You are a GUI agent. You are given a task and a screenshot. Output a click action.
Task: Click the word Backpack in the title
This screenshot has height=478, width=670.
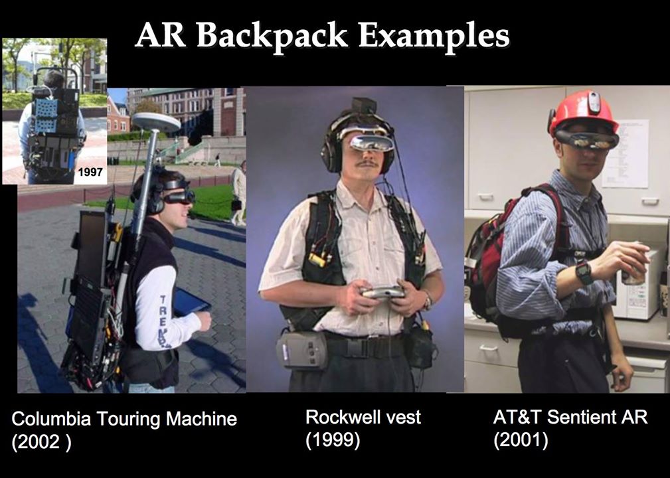pos(272,35)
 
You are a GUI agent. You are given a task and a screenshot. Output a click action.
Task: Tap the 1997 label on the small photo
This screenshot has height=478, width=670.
pos(90,172)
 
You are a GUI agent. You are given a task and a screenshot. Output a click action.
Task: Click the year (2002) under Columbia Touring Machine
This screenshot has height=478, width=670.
pos(41,441)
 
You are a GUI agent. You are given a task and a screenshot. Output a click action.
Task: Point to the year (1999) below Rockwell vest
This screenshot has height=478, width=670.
pos(333,440)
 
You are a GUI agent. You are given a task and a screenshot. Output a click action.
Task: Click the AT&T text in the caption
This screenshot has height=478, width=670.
pos(517,418)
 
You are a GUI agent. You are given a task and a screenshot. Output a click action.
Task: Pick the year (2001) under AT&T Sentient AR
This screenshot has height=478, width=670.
pos(521,440)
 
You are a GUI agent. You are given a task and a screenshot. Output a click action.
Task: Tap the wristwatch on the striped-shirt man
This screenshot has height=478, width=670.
pos(584,272)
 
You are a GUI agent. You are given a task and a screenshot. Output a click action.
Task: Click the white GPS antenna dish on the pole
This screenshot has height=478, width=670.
pos(157,122)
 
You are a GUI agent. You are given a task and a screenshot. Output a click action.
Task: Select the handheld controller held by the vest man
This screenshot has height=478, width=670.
pos(382,292)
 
